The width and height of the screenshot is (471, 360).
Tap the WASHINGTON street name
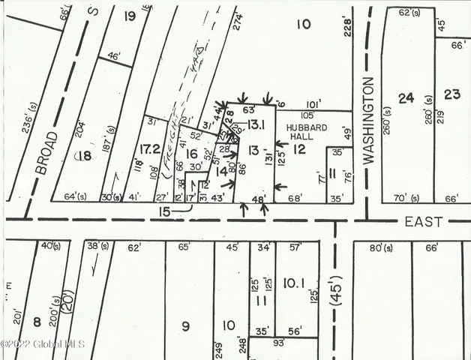367,118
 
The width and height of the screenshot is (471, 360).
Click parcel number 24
406,97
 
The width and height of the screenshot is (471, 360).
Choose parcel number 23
451,94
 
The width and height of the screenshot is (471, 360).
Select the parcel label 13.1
257,124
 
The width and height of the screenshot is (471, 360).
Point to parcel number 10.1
293,282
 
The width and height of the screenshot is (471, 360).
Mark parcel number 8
36,322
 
